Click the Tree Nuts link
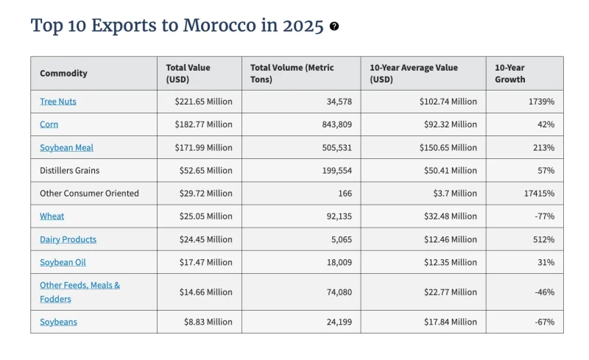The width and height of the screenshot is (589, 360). [58, 102]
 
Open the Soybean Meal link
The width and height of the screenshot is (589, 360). [66, 148]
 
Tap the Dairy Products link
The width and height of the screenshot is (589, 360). [68, 239]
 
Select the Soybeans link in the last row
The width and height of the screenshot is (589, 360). [58, 322]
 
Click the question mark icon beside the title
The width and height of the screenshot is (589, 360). [334, 27]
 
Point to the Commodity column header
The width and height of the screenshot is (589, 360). [63, 74]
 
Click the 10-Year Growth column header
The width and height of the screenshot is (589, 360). [509, 74]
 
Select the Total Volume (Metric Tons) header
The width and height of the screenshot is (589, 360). [292, 74]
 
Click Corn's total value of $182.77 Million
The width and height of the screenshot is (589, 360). [204, 124]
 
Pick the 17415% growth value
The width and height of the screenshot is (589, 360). [539, 194]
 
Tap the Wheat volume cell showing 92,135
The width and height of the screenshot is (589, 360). [339, 216]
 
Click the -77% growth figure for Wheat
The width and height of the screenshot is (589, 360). [545, 216]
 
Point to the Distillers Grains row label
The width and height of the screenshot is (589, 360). [69, 171]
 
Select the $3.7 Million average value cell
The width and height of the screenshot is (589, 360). [455, 194]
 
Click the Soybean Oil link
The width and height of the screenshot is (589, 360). [63, 262]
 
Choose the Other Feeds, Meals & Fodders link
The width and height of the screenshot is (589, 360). [80, 292]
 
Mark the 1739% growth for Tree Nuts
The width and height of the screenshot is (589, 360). [541, 102]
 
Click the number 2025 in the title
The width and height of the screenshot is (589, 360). [303, 26]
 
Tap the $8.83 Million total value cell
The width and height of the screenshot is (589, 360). [208, 322]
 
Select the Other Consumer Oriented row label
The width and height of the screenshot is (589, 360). [89, 194]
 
